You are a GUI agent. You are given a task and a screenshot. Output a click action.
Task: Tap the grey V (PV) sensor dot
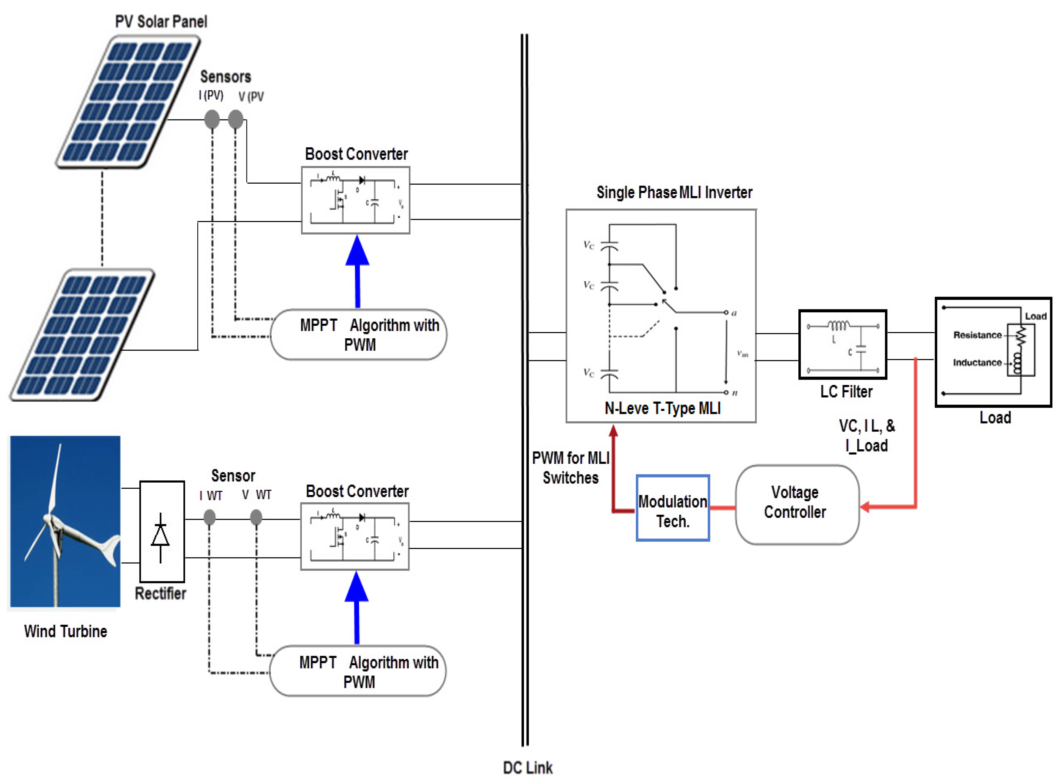click(236, 119)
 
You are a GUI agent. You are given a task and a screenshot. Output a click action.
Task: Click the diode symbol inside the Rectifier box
click(160, 536)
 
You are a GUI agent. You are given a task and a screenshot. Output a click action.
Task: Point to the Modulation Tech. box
click(673, 508)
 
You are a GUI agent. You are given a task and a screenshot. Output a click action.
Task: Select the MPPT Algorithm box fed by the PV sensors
click(358, 335)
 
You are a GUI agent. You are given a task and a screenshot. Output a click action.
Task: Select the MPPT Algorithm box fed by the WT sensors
click(357, 671)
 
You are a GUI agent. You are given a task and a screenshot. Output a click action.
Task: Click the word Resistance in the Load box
click(977, 335)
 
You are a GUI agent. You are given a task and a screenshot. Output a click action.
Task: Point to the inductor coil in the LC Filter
click(838, 326)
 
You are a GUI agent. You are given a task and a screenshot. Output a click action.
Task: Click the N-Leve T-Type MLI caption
click(662, 408)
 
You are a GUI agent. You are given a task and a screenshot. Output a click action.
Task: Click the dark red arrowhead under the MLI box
click(613, 431)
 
